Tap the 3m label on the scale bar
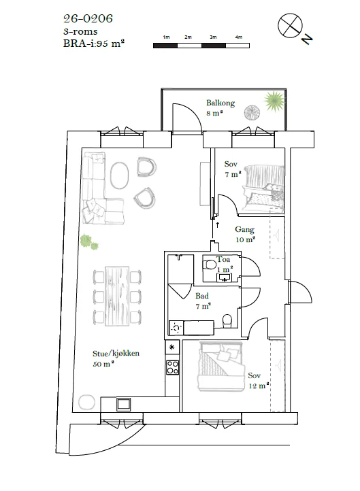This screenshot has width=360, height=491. [213, 37]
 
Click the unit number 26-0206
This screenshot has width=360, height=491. [88, 18]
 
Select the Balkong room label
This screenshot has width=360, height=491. [220, 103]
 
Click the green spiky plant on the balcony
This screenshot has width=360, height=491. [274, 101]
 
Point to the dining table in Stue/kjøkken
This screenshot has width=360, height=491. [117, 296]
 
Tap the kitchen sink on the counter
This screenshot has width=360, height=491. [123, 404]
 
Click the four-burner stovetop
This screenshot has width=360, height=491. [172, 367]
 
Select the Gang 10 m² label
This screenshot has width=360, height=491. [245, 234]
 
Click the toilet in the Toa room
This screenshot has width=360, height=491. [210, 265]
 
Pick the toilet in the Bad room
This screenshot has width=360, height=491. [227, 321]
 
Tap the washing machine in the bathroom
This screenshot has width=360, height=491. [176, 328]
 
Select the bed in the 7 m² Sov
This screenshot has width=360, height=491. [264, 187]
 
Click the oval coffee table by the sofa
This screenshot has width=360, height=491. [119, 175]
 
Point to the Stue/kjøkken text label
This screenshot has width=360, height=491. [116, 353]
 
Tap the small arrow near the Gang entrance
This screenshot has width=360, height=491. [218, 224]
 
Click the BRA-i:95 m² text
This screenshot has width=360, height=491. [94, 44]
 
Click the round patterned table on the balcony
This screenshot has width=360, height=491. [252, 113]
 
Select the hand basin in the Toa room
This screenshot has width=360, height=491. [225, 277]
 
